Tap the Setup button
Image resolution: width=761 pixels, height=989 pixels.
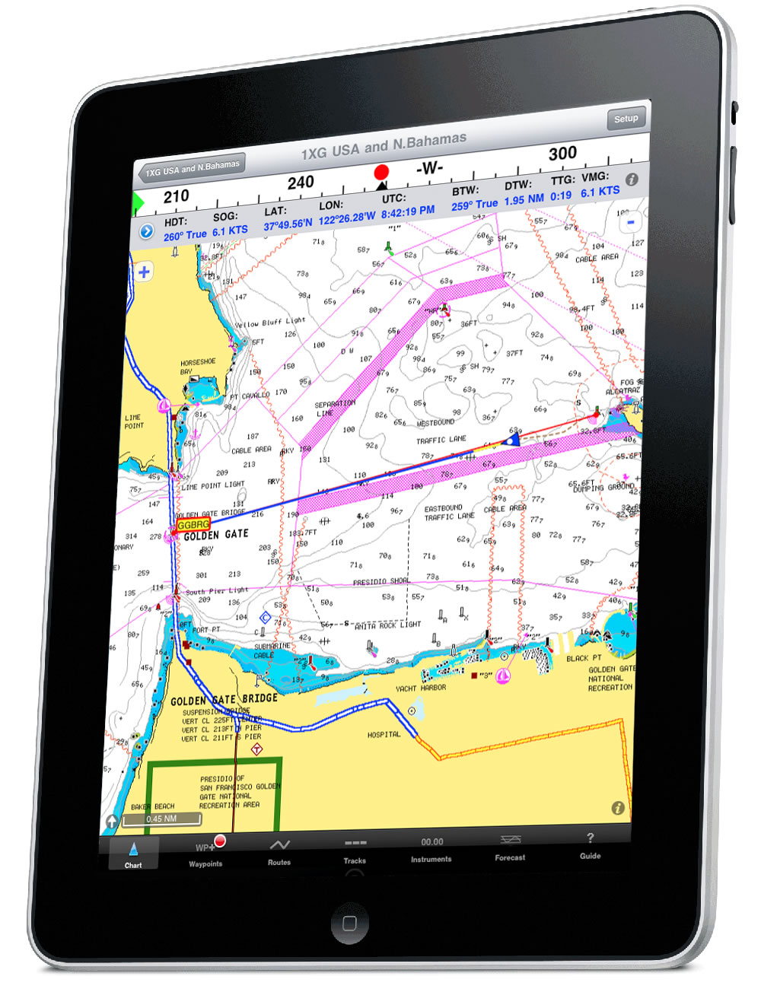click(x=626, y=119)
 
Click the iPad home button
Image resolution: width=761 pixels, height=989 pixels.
click(x=350, y=924)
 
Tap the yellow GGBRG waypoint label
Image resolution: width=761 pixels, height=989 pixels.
click(x=193, y=525)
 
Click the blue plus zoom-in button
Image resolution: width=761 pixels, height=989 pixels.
click(x=144, y=272)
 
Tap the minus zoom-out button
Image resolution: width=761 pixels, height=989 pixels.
click(x=630, y=222)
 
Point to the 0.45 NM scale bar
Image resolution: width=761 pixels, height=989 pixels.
click(x=162, y=819)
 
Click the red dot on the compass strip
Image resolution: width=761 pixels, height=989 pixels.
click(x=381, y=172)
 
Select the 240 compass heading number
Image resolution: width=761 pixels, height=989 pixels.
click(x=301, y=183)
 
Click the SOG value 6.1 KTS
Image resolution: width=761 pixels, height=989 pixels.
click(x=230, y=231)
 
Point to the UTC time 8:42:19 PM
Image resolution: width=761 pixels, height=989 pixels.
click(x=408, y=211)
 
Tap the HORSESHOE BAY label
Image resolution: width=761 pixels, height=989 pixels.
click(x=198, y=366)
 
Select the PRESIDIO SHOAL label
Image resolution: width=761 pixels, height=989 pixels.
click(x=380, y=582)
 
